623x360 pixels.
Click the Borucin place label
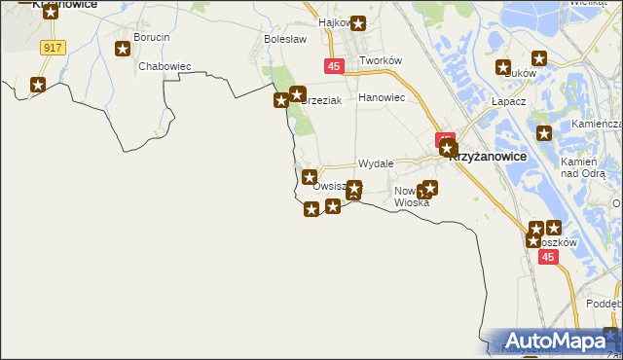(x=154, y=37)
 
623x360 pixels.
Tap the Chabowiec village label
(x=164, y=66)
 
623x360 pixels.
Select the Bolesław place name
(x=285, y=39)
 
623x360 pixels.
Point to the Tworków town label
(x=381, y=60)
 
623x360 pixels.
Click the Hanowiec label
(x=381, y=97)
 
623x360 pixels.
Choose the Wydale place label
(x=375, y=164)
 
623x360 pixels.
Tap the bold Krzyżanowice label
(x=488, y=156)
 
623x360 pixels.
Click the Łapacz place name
(x=508, y=101)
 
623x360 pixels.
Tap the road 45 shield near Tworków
(x=333, y=66)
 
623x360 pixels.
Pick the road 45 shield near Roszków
(x=548, y=257)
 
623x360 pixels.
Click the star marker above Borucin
(x=124, y=49)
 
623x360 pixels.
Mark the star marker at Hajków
(x=358, y=23)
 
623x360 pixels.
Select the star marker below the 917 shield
(x=38, y=85)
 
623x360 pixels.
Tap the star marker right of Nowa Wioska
(x=430, y=188)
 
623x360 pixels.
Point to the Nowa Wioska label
(x=411, y=197)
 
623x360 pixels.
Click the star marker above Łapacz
(x=503, y=68)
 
